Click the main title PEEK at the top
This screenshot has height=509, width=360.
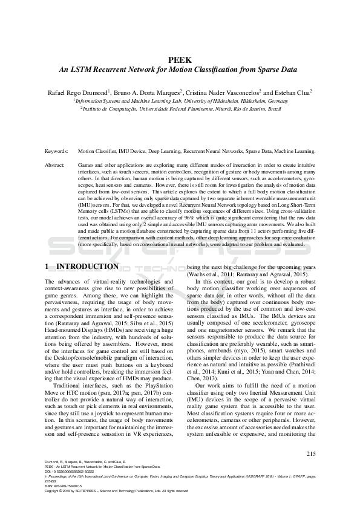180,59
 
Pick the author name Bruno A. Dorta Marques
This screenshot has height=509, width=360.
147,92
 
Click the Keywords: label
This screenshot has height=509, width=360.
58,151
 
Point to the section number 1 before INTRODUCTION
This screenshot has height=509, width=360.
48,267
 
